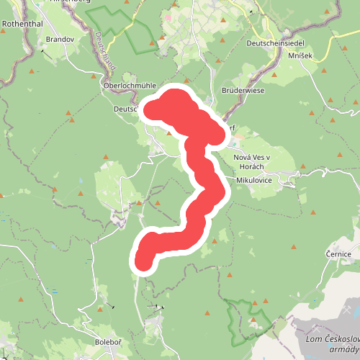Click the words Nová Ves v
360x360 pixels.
(251, 158)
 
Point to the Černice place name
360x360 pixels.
(337, 254)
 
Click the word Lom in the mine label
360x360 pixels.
(313, 339)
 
